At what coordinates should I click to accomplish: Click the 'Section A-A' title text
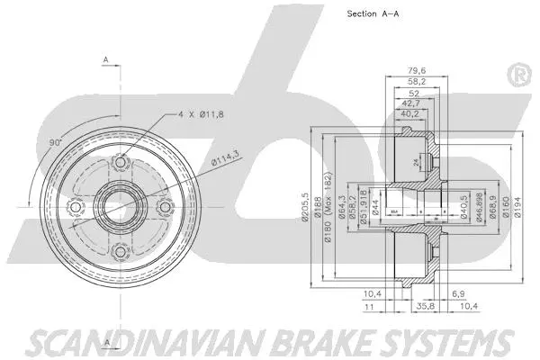click(x=373, y=14)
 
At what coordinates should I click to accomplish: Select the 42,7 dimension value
click(x=410, y=103)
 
